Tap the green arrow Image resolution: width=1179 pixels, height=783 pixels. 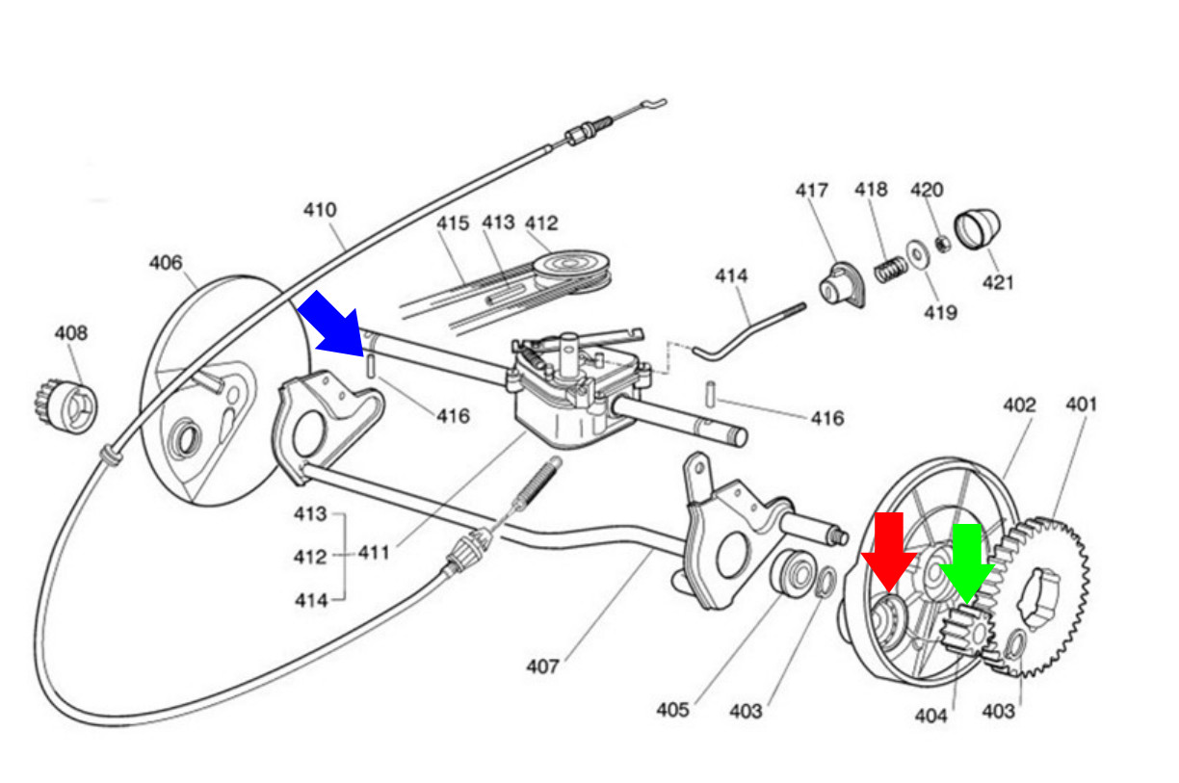point(967,563)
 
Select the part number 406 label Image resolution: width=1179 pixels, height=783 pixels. point(166,263)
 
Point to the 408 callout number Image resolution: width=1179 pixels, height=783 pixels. point(71,333)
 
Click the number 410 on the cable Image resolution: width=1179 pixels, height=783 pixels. point(320,210)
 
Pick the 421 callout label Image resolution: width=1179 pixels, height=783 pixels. point(998,282)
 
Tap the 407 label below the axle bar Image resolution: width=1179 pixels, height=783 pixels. point(542,666)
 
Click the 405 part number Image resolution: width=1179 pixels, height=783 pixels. point(672,710)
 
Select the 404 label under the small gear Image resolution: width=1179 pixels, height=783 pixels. point(931,716)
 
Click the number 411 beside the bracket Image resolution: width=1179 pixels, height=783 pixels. point(374,553)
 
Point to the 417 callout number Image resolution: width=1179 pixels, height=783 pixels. point(812,190)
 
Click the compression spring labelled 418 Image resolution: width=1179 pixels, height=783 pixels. point(891,270)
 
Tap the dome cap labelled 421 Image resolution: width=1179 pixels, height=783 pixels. point(978,228)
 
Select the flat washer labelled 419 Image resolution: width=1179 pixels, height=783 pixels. point(918,254)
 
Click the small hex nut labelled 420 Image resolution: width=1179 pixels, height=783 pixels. point(943,244)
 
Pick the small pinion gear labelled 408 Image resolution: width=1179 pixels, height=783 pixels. point(65,406)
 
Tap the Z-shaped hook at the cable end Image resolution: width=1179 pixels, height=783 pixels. point(653,104)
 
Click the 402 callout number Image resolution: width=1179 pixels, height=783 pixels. point(1019,405)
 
